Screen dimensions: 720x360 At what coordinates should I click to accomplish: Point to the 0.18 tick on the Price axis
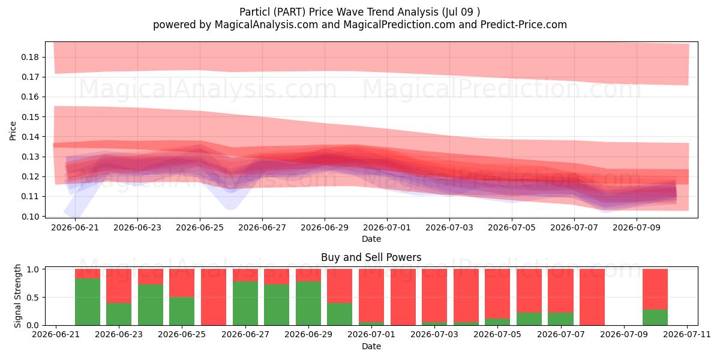click(30, 57)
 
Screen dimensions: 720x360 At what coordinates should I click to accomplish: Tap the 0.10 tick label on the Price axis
click(30, 217)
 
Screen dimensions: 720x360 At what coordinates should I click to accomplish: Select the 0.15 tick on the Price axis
click(30, 117)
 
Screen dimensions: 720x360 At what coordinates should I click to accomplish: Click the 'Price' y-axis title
click(13, 131)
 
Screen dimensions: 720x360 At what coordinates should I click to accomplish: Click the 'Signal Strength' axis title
click(17, 296)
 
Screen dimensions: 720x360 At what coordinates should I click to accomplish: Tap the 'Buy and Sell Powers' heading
click(371, 257)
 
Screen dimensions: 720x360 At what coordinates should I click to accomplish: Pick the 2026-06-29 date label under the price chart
click(325, 227)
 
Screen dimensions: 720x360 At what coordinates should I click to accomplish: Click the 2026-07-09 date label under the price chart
click(637, 227)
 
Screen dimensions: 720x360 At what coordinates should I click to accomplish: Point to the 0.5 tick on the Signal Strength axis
click(33, 298)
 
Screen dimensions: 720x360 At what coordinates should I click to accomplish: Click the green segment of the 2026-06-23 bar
click(119, 314)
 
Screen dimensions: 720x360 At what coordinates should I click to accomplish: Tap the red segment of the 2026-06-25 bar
click(182, 283)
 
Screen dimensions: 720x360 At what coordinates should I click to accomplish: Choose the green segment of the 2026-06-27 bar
click(245, 304)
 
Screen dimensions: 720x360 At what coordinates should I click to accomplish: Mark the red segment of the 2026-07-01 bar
click(371, 295)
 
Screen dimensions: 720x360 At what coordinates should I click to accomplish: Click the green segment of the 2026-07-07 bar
click(561, 319)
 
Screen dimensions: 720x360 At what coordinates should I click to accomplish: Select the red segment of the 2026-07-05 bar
click(497, 294)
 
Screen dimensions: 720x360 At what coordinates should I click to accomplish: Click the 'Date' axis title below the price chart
click(371, 239)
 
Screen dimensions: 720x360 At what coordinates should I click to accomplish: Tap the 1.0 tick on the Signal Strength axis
click(33, 269)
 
